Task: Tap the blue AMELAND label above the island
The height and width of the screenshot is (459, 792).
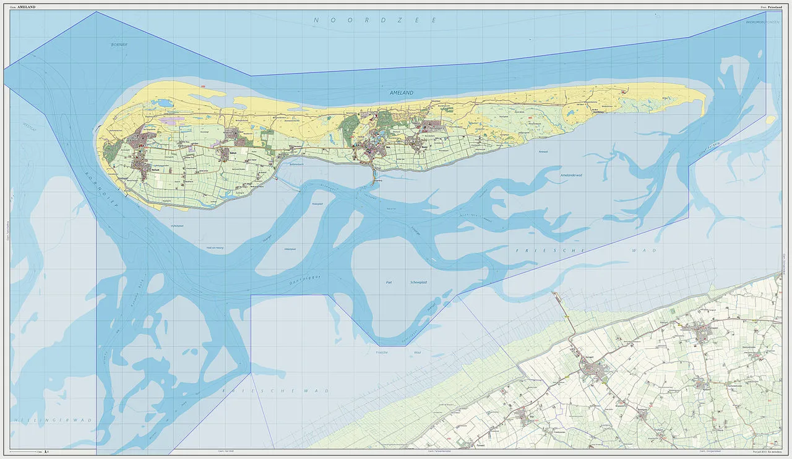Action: pos(401,93)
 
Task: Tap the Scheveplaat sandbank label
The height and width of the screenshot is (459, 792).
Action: pos(419,281)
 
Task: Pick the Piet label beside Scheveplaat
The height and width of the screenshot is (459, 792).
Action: pos(389,281)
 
